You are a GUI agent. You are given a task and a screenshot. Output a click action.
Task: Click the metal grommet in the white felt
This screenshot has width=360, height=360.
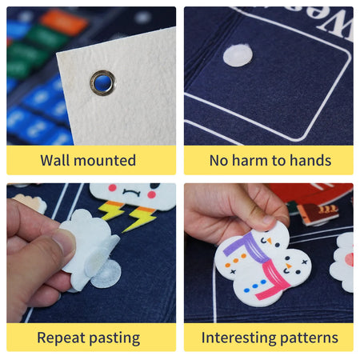click(x=103, y=82)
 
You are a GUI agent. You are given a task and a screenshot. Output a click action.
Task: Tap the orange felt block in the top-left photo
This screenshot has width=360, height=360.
click(x=64, y=22)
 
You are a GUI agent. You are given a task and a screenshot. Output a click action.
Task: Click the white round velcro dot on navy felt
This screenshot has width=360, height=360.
click(x=238, y=56)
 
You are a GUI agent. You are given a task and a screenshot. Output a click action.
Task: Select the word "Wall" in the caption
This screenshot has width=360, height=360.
click(x=55, y=160)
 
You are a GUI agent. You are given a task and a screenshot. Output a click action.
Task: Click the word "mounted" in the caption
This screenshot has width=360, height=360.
click(x=105, y=161)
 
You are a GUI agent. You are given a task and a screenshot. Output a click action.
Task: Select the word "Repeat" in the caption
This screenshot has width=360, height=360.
click(x=61, y=338)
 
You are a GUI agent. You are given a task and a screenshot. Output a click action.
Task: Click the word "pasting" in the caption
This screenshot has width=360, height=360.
click(x=114, y=338)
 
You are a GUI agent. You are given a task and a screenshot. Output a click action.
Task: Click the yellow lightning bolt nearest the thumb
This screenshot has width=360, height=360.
click(x=111, y=210)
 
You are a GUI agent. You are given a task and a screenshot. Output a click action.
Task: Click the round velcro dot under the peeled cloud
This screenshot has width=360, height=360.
click(x=107, y=274)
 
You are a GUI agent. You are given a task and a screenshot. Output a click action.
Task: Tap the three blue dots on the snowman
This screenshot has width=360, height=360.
click(x=255, y=286)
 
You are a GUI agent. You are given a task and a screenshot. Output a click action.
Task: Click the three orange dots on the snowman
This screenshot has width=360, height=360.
click(x=235, y=261)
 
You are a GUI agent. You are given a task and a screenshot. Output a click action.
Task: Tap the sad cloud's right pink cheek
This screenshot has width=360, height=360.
click(x=152, y=194)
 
